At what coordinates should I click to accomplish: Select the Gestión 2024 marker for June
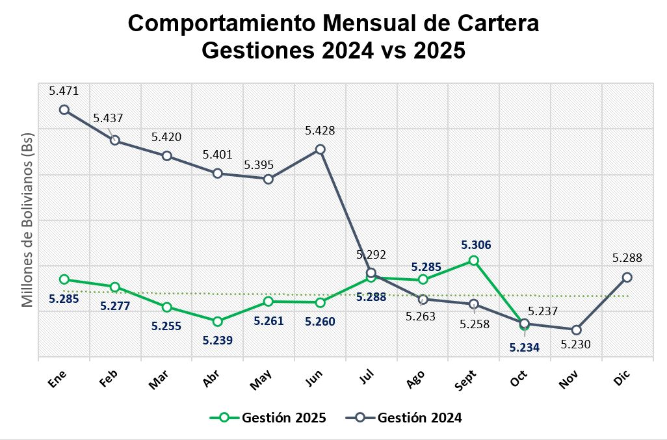pyautogui.click(x=320, y=149)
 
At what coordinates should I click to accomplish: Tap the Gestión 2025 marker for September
pyautogui.click(x=474, y=261)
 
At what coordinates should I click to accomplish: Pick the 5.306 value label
pyautogui.click(x=476, y=245)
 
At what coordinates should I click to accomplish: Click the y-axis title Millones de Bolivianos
pyautogui.click(x=27, y=224)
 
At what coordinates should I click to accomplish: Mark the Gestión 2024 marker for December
pyautogui.click(x=627, y=278)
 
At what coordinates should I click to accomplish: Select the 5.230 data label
pyautogui.click(x=576, y=344)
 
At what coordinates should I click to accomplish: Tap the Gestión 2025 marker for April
pyautogui.click(x=218, y=321)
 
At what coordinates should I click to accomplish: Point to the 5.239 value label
pyautogui.click(x=218, y=339)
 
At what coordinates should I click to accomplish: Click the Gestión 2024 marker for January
pyautogui.click(x=64, y=110)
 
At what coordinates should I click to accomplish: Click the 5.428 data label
pyautogui.click(x=320, y=131)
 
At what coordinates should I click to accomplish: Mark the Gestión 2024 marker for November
pyautogui.click(x=576, y=330)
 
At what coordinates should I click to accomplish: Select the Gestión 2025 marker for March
pyautogui.click(x=166, y=307)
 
